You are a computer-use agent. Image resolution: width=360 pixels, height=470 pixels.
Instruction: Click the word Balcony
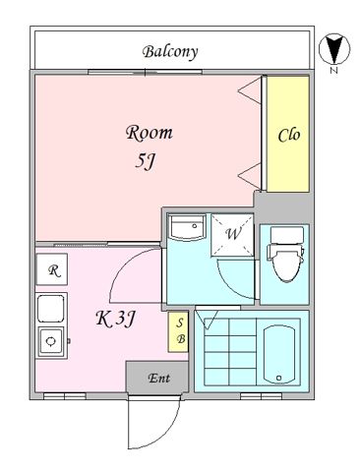[170, 52]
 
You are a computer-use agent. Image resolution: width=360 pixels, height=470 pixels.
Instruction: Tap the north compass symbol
[334, 49]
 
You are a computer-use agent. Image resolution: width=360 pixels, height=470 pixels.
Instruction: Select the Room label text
[150, 133]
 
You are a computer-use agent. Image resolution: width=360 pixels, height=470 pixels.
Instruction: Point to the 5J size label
[145, 161]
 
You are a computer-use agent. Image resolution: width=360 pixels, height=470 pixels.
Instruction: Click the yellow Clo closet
[288, 134]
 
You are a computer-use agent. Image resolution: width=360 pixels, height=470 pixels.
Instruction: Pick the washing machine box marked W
[232, 234]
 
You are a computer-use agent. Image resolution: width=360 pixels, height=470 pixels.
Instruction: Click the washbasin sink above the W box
[187, 227]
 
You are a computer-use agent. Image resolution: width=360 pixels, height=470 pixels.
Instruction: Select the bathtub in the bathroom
[278, 354]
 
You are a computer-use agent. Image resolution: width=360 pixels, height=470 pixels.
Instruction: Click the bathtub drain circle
[278, 378]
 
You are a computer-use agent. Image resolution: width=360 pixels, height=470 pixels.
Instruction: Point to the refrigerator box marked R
[52, 269]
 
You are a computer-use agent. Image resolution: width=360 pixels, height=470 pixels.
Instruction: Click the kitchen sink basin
[50, 309]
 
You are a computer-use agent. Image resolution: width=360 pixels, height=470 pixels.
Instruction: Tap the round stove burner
[50, 341]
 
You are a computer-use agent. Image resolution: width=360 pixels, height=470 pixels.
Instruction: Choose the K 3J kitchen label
[115, 319]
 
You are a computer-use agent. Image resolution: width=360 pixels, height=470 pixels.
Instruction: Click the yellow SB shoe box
[178, 331]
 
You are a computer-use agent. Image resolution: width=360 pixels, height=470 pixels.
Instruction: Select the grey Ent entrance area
[157, 378]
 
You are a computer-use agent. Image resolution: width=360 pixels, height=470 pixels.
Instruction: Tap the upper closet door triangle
[250, 90]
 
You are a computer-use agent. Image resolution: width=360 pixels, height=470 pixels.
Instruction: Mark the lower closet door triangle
[250, 176]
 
